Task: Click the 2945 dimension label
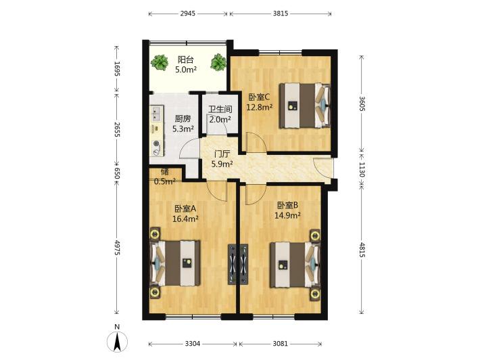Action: (187, 14)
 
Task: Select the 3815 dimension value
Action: (281, 14)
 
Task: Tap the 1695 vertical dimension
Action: (117, 68)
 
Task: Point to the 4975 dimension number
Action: (117, 247)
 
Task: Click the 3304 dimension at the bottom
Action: (192, 344)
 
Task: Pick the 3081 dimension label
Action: (280, 344)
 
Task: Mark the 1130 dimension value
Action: (362, 169)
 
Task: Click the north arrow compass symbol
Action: (117, 341)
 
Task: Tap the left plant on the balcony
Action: (159, 62)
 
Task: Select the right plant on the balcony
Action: (218, 62)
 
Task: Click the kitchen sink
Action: (157, 114)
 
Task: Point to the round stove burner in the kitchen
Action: (157, 143)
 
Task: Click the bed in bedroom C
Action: (305, 106)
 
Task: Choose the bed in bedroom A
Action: (175, 263)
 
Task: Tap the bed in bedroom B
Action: (295, 265)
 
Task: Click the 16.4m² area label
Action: (185, 219)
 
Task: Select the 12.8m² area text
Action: (260, 107)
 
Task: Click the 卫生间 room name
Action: (220, 110)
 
